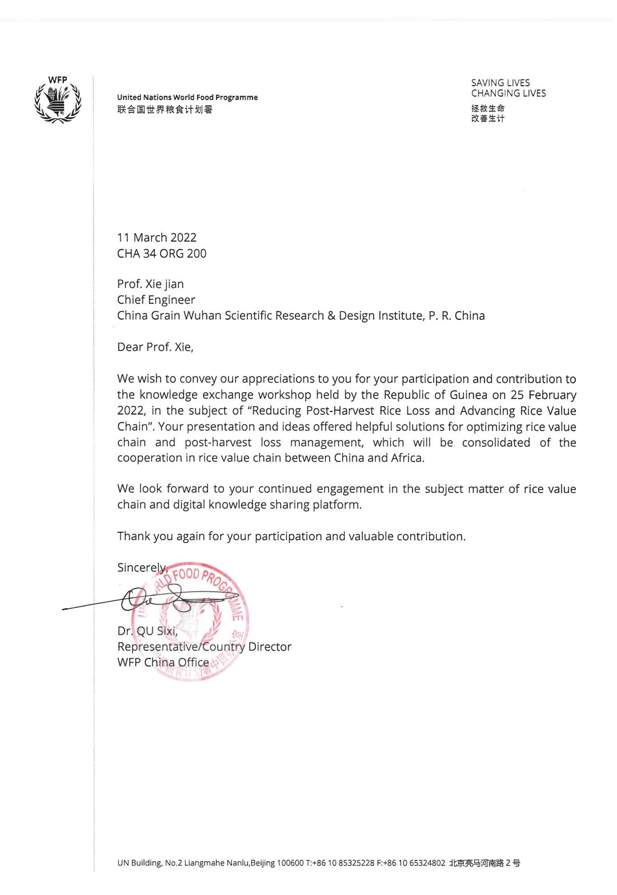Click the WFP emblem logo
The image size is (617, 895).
pyautogui.click(x=58, y=100)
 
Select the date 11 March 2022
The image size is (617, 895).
pyautogui.click(x=157, y=238)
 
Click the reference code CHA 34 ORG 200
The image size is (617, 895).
pyautogui.click(x=162, y=254)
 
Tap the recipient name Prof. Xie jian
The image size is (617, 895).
pyautogui.click(x=150, y=284)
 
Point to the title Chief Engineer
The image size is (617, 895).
pyautogui.click(x=156, y=300)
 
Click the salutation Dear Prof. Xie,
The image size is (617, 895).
pyautogui.click(x=155, y=347)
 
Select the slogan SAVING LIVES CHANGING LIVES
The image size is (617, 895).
pyautogui.click(x=508, y=88)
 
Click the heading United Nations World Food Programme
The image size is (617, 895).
pyautogui.click(x=187, y=98)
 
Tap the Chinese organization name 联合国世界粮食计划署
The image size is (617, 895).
pyautogui.click(x=165, y=110)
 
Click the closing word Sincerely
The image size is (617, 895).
pyautogui.click(x=141, y=568)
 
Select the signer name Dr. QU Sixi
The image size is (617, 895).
pyautogui.click(x=147, y=631)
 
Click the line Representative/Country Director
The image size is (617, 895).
pyautogui.click(x=204, y=647)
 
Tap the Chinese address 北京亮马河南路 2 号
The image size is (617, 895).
pyautogui.click(x=484, y=863)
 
